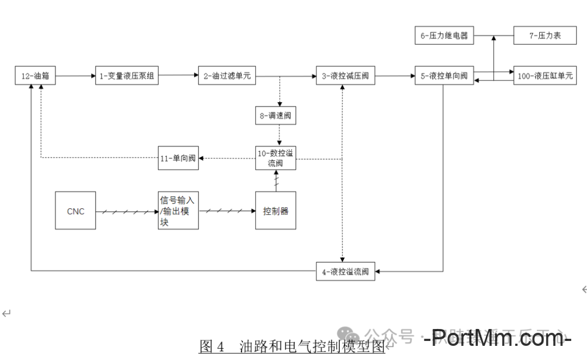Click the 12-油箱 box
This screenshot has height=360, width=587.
coord(35,76)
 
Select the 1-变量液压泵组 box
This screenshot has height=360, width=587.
coord(126,76)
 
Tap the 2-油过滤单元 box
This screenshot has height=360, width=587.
coord(227,76)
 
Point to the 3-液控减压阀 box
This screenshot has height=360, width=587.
coord(345,76)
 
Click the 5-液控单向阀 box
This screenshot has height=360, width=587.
coord(444,76)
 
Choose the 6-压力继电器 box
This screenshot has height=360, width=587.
coord(444,36)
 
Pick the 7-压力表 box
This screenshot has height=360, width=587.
coord(545,36)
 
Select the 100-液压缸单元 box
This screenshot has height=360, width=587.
coord(545,76)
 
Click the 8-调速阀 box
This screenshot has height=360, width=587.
coord(276,116)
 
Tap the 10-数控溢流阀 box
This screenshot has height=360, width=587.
coord(276,158)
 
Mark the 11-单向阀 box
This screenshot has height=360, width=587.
coord(178,158)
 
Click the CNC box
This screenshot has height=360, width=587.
coord(76,210)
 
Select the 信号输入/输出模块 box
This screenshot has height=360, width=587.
coord(178,210)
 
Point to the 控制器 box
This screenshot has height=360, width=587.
coord(276,210)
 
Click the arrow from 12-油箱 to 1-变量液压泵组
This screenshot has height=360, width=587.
coord(76,76)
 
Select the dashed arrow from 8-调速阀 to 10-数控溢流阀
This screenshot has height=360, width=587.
coord(279,135)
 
